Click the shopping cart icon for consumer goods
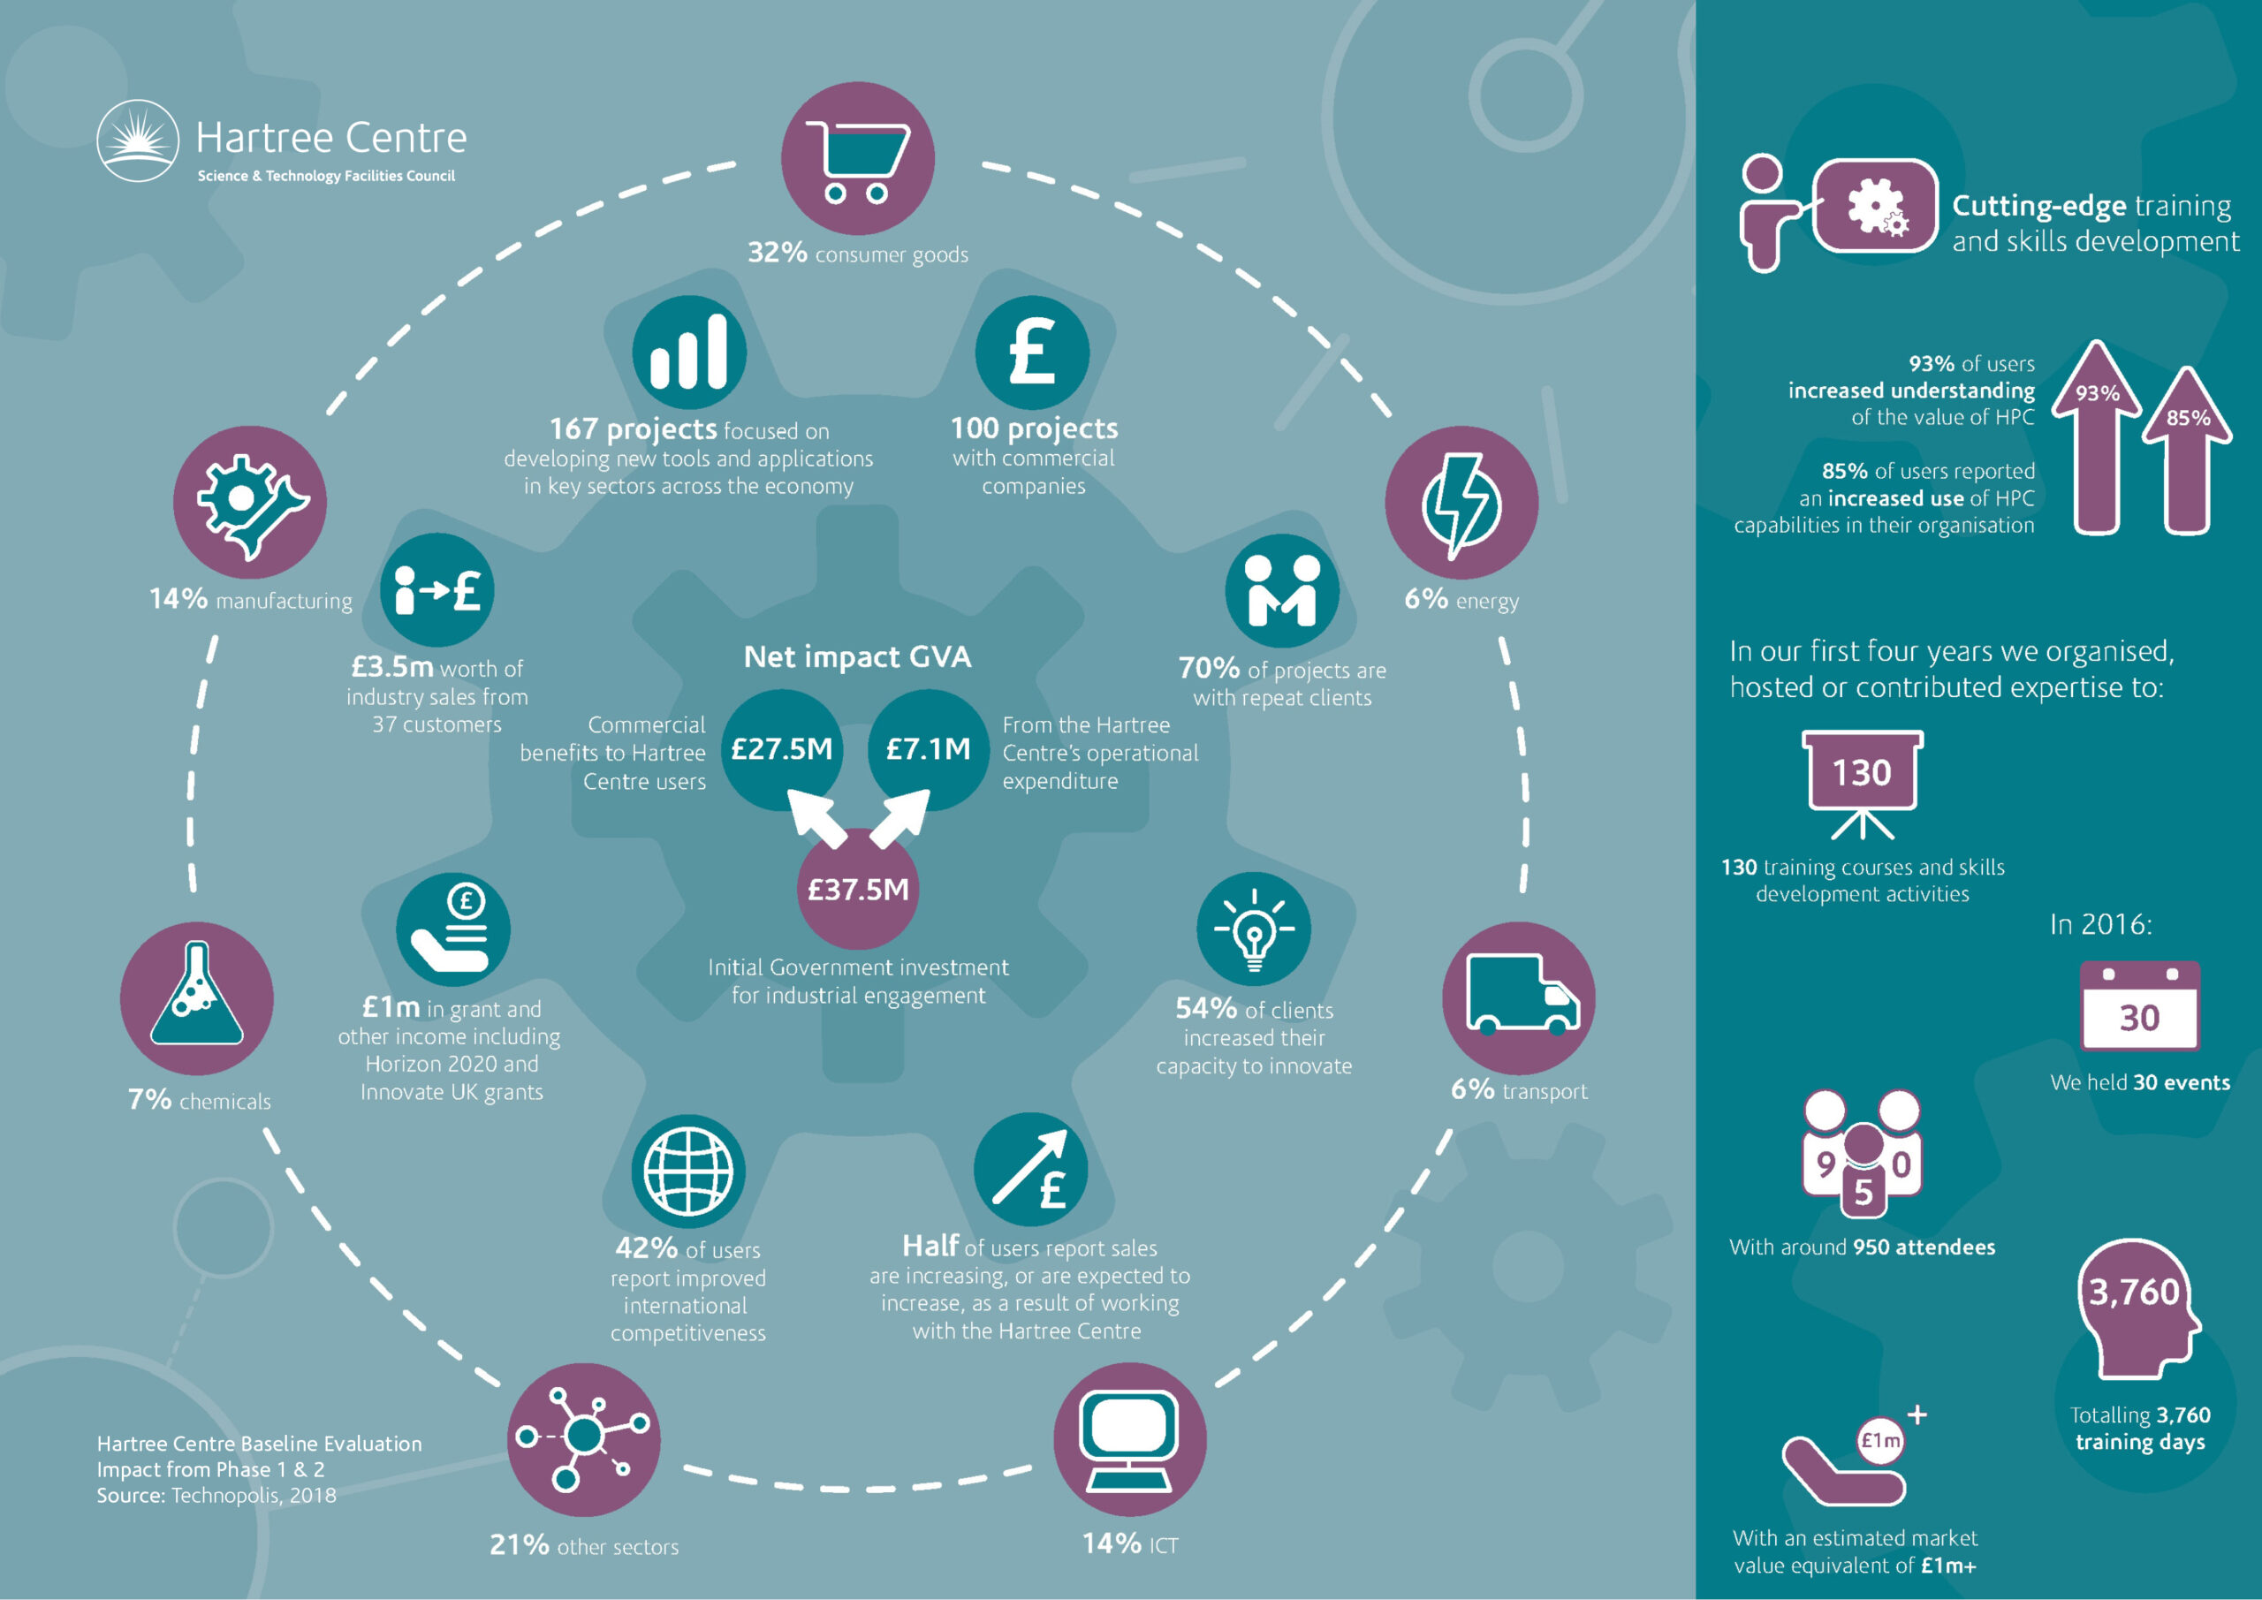click(856, 161)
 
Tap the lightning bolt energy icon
click(1461, 504)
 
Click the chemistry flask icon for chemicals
click(196, 995)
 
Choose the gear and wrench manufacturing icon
click(251, 503)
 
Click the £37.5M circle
click(857, 889)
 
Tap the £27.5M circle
click(782, 750)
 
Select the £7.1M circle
click(928, 750)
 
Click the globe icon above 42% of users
click(687, 1172)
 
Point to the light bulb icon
click(1253, 929)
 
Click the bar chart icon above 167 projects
click(688, 352)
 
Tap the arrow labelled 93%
click(2098, 437)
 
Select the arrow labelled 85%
click(2187, 451)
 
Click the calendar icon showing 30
click(2139, 1007)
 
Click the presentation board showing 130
click(1862, 785)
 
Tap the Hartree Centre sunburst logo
click(138, 140)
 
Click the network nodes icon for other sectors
click(584, 1439)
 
